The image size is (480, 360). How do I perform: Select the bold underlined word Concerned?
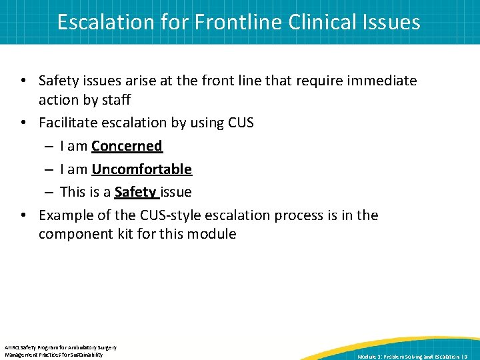coord(127,146)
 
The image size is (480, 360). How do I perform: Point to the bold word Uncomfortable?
coord(141,169)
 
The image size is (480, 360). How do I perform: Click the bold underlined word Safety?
coord(135,193)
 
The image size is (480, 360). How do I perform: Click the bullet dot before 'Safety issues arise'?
coord(23,81)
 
